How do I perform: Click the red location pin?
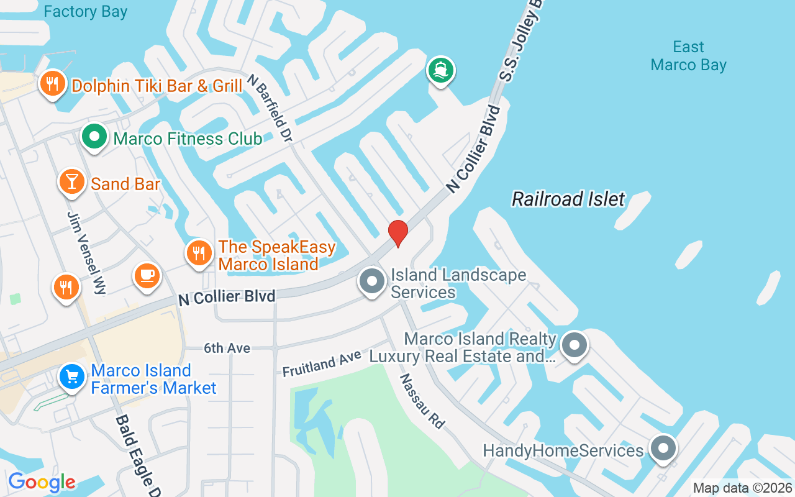pos(397,233)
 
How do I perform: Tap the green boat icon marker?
pos(441,70)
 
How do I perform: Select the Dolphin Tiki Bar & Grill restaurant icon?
pos(53,83)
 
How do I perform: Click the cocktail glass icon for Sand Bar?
pos(72,181)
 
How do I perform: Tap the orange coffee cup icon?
pos(147,275)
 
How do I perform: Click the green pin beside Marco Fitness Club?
pos(94,136)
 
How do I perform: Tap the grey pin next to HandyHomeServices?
pos(663,448)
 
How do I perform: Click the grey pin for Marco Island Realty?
pos(575,344)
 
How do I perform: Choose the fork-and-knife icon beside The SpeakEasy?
pos(199,253)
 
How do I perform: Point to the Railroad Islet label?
pos(568,199)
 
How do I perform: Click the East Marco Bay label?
pos(688,56)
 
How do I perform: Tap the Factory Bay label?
pos(86,11)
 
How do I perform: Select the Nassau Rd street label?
pos(422,401)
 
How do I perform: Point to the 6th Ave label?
pos(227,349)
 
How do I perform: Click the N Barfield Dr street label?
pos(269,107)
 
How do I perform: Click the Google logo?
pos(42,482)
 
